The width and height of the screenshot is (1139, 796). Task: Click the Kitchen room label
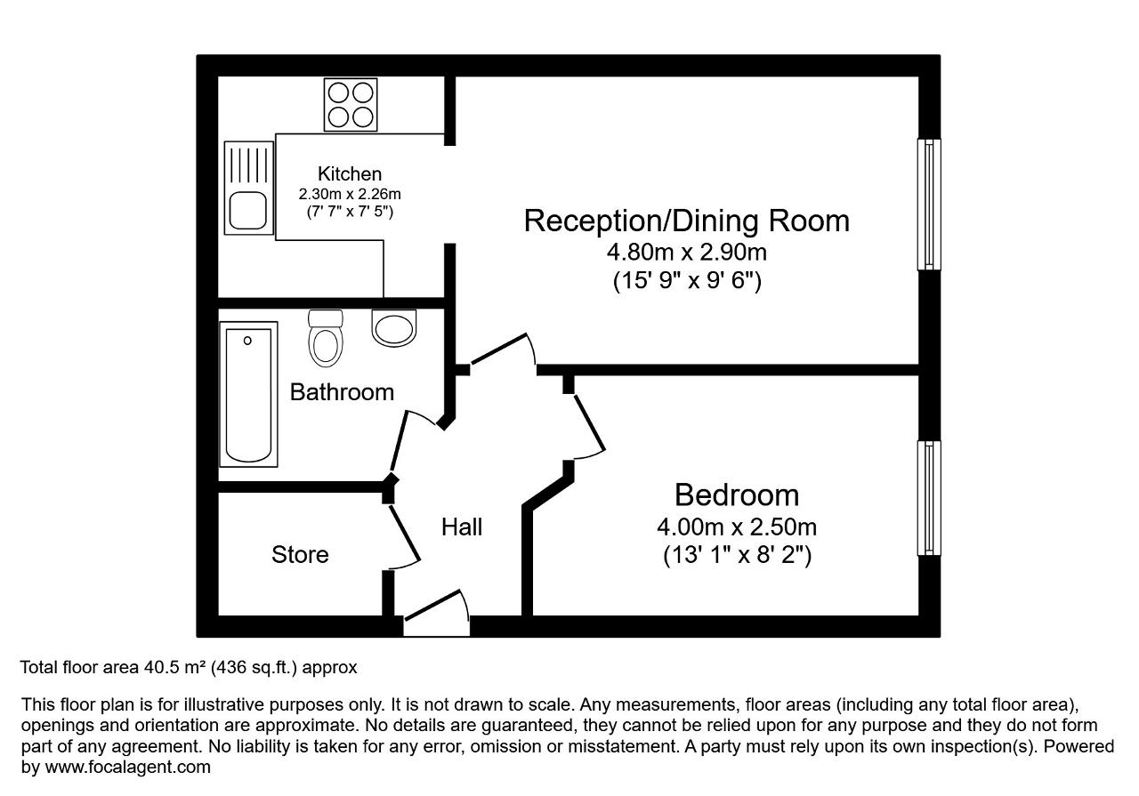click(x=350, y=173)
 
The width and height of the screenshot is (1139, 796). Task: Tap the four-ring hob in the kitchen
click(x=351, y=105)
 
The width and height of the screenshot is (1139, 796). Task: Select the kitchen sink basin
click(x=248, y=211)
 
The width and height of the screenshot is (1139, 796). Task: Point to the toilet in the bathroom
click(x=326, y=338)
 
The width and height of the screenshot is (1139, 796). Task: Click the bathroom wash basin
click(x=394, y=327)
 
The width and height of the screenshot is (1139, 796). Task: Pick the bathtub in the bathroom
click(x=248, y=394)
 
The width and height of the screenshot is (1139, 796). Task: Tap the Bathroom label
click(x=343, y=392)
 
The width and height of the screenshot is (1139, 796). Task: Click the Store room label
click(x=300, y=555)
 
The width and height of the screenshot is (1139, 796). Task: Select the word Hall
click(x=462, y=527)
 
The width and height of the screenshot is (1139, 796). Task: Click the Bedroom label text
click(x=737, y=494)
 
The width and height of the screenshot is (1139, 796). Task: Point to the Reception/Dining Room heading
click(x=686, y=221)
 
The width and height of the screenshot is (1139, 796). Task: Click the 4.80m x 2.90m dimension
click(x=686, y=252)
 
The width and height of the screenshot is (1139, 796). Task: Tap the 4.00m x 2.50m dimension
click(x=737, y=527)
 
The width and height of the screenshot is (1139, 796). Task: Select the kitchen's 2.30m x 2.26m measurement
click(x=350, y=194)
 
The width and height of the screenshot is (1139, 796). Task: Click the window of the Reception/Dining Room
click(x=929, y=205)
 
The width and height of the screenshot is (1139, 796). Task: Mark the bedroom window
click(x=929, y=498)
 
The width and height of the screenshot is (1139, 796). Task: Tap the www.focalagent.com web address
click(x=127, y=767)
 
